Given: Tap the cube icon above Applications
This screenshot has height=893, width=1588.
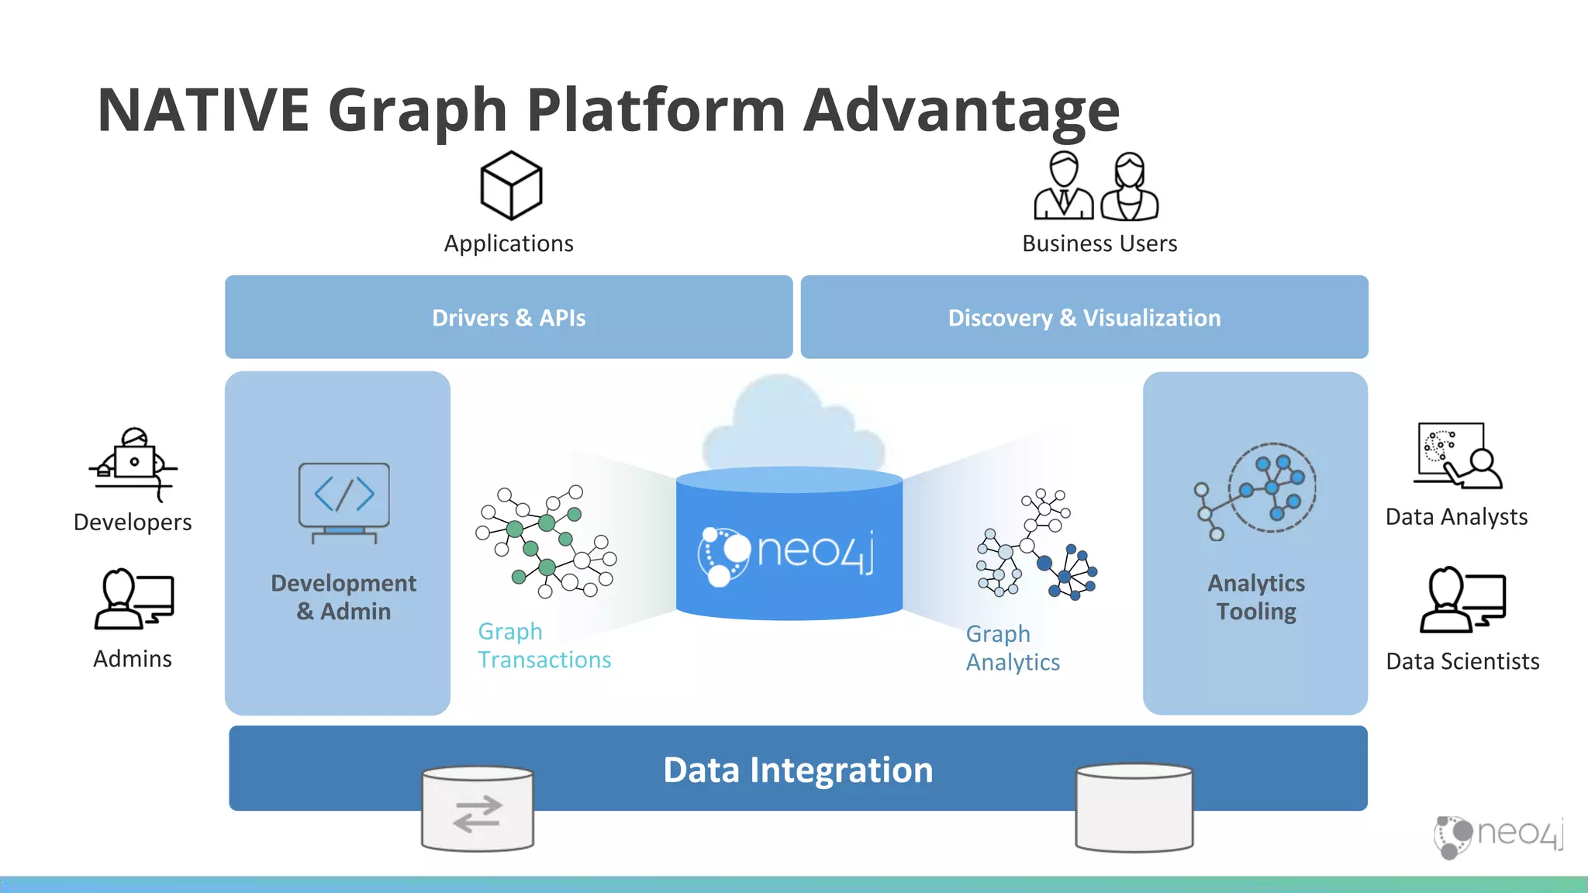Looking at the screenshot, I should pos(511,185).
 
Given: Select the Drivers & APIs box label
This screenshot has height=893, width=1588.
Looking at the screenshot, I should pos(509,318).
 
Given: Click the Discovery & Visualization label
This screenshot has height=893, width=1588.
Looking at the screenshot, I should pos(1084,318).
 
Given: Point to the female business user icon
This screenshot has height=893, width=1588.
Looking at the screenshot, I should pos(1130,187).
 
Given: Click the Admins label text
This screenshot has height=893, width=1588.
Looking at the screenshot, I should pos(133,659).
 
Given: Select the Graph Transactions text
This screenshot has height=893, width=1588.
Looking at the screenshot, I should pos(544,646).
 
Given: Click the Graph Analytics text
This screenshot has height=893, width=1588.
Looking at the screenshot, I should pos(1013,648).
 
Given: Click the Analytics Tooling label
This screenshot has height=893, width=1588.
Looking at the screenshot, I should pos(1256,597).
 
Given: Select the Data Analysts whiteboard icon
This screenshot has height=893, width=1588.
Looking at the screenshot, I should pos(1457,456).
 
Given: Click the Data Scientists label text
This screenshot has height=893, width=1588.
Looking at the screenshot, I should pos(1462,661).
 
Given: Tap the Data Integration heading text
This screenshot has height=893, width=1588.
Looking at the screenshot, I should pos(798,770).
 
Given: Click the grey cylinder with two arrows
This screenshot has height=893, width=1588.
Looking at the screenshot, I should pos(478,810).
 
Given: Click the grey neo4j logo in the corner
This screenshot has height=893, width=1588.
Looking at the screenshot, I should pos(1498,836).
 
